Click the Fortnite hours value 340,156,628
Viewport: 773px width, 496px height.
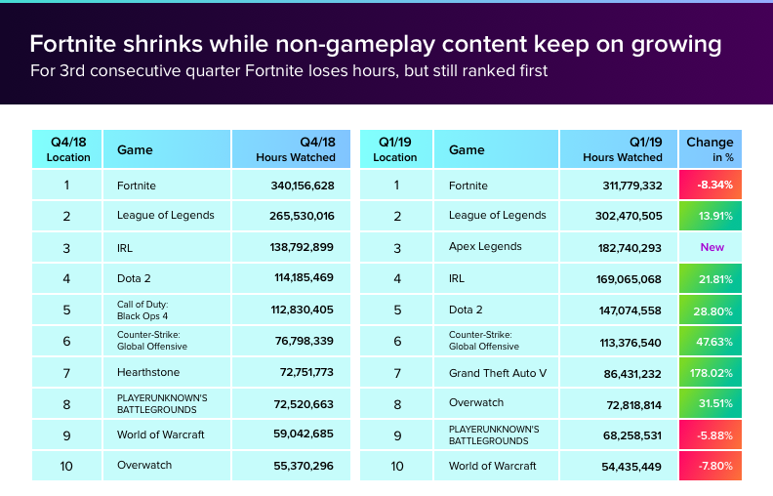pos(303,186)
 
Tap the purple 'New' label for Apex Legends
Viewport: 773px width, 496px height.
pos(712,247)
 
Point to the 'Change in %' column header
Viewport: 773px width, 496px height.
pos(710,149)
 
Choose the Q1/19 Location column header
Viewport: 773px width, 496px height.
pos(395,149)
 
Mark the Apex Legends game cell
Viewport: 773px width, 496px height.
pos(485,247)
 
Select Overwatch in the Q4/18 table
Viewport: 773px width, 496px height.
pos(144,466)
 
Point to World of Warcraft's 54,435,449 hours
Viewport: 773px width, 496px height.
pos(630,466)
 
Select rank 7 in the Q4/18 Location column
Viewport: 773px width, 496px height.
pos(66,372)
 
